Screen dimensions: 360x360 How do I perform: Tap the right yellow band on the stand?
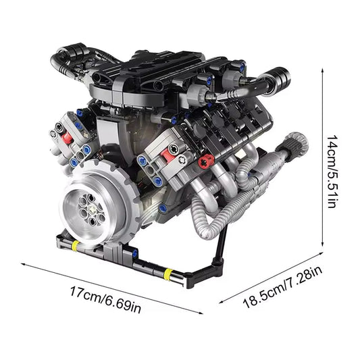tap(168, 274)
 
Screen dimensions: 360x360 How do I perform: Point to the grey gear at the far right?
tap(295, 143)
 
